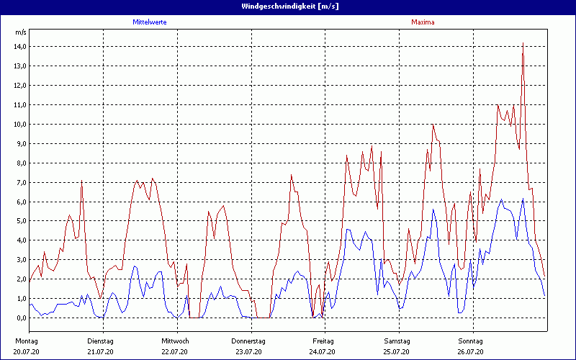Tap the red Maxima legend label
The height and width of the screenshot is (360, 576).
pos(423,22)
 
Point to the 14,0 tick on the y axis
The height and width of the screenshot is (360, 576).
pos(19,47)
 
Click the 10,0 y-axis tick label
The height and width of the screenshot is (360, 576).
pos(19,125)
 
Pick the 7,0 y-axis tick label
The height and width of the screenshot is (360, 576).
pos(19,183)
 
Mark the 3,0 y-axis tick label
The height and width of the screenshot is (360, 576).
pos(19,260)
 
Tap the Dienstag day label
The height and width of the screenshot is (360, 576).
pos(100,341)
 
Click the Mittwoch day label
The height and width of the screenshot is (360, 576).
pos(175,341)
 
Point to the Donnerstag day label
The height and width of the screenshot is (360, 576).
pos(248,341)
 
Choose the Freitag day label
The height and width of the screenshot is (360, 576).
pos(323,341)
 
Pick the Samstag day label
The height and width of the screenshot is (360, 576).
pos(397,341)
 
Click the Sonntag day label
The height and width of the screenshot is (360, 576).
pos(471,341)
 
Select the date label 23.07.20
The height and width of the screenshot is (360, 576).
pos(248,352)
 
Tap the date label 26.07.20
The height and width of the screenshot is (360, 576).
pos(471,352)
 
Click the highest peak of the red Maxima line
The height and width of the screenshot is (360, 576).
pos(523,43)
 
